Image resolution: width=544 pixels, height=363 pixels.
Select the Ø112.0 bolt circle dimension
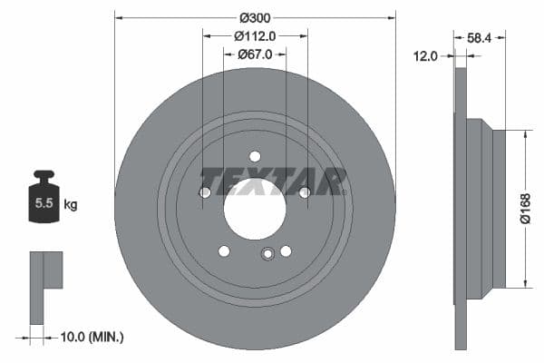tap(255, 36)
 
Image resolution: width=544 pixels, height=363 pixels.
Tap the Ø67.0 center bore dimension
tap(255, 55)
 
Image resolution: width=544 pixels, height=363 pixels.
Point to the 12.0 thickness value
tap(426, 55)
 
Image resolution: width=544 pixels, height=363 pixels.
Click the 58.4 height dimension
tap(481, 38)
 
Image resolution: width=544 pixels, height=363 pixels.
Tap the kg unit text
tap(71, 204)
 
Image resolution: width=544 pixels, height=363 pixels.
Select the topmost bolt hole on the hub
tap(255, 156)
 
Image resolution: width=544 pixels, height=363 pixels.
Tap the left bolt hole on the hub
tap(205, 191)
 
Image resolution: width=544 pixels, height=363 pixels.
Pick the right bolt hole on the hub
tap(305, 191)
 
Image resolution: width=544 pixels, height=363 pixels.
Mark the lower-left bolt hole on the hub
tap(224, 250)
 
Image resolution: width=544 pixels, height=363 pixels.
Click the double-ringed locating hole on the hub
tap(267, 254)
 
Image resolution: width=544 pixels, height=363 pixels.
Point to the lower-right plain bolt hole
tap(286, 250)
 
